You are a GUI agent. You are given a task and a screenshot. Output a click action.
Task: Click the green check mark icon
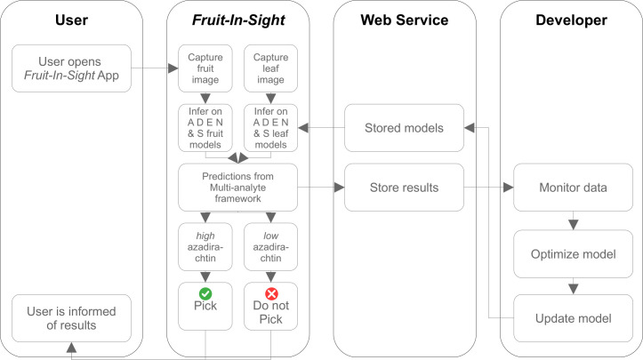(x=205, y=293)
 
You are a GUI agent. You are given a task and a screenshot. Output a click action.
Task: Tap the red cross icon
(x=271, y=293)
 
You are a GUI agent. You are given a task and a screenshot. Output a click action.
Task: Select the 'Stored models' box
(x=404, y=128)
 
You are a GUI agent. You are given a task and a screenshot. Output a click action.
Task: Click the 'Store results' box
(x=404, y=188)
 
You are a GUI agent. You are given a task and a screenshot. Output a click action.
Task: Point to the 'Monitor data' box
(x=573, y=188)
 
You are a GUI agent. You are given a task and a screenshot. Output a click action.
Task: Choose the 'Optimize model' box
(x=573, y=254)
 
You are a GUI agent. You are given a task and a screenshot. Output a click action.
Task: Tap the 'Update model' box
(x=573, y=318)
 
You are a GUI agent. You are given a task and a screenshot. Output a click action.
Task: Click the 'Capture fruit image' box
(x=205, y=68)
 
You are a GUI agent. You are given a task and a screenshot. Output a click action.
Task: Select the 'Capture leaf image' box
(x=270, y=68)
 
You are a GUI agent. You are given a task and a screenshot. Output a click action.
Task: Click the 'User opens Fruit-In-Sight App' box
(x=71, y=68)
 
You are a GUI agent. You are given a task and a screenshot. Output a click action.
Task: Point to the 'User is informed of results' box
(x=71, y=318)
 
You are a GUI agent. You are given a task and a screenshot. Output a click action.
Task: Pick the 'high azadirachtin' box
(x=205, y=247)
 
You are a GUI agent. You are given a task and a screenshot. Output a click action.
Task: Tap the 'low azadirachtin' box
(x=270, y=247)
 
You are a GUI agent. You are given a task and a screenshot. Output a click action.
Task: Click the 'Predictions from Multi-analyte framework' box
(x=237, y=188)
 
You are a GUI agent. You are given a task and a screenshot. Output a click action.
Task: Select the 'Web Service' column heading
(x=405, y=20)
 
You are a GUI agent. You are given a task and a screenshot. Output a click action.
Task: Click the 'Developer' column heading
(x=571, y=20)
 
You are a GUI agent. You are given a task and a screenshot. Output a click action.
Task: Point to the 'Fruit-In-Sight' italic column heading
(x=238, y=20)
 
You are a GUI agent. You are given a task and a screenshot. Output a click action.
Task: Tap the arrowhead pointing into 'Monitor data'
(x=509, y=188)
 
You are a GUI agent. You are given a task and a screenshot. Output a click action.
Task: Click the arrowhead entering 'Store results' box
(x=340, y=188)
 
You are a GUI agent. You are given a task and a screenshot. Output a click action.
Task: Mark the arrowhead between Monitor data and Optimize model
(x=574, y=225)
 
